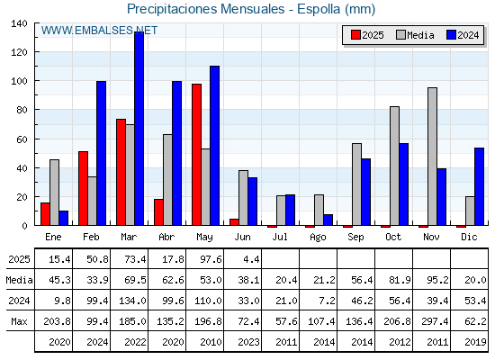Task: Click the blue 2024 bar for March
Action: point(139,129)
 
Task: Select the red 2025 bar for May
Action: point(197,155)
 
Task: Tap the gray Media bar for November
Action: point(433,157)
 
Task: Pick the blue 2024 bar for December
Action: point(479,187)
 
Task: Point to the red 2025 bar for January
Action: point(45,214)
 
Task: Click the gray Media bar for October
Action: point(395,166)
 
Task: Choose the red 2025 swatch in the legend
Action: point(355,35)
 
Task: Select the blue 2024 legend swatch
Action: point(451,35)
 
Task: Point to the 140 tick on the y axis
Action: point(19,23)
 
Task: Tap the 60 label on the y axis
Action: point(22,139)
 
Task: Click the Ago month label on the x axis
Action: point(318,238)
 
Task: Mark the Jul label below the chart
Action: point(280,237)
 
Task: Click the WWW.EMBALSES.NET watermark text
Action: point(99,31)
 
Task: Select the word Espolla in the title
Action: point(319,9)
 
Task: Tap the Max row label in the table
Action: point(19,321)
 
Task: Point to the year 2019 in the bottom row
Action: point(475,342)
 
